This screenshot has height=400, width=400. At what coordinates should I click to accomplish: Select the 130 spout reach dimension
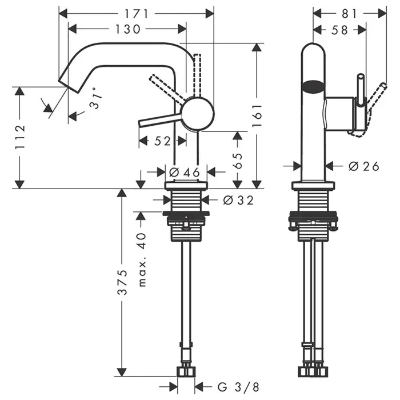(x=128, y=29)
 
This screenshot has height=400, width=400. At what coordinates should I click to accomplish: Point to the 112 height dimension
(x=20, y=137)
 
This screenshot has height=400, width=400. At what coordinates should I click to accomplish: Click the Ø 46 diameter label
(x=184, y=172)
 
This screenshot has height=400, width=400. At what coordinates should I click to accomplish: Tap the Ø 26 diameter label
(x=363, y=166)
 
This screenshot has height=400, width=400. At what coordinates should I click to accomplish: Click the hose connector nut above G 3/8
(x=186, y=372)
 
